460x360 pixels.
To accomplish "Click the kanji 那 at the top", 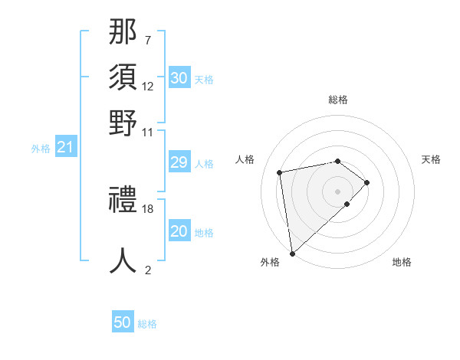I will click(123, 33).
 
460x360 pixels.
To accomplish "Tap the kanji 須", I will click(123, 77).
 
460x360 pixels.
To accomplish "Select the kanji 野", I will click(123, 123).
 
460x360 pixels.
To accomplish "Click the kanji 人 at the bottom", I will click(123, 260).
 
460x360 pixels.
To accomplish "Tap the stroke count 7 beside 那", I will click(148, 40).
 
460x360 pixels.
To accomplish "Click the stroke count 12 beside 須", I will click(148, 86).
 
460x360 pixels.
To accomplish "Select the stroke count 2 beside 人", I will click(148, 270).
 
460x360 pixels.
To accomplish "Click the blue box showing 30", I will click(179, 78).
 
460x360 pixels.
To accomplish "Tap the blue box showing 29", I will click(179, 162).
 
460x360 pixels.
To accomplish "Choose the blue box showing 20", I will click(179, 231).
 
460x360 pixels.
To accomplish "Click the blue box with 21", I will click(65, 147).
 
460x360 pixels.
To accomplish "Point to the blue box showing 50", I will click(123, 322).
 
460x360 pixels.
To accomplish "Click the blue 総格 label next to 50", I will click(148, 324).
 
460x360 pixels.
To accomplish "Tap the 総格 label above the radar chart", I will click(337, 100).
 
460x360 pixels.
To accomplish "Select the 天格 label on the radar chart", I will click(431, 159).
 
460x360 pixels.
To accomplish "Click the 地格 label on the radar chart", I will click(402, 262).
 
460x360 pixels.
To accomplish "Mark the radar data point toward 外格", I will click(292, 253).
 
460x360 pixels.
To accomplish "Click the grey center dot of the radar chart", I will click(337, 191).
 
